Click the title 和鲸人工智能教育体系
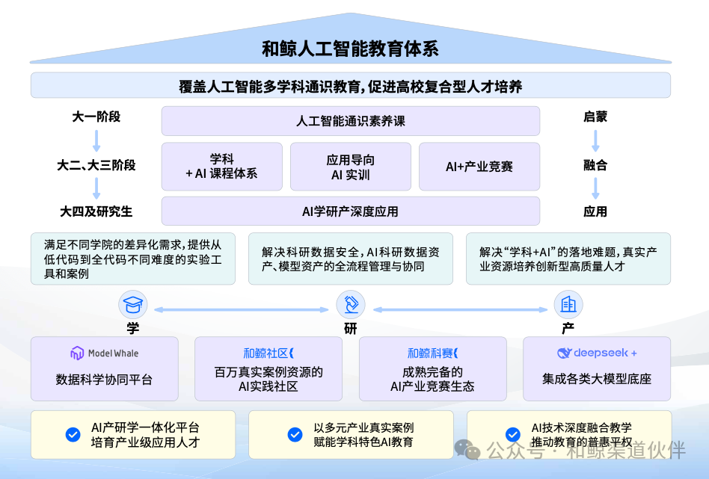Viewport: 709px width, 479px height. pyautogui.click(x=350, y=49)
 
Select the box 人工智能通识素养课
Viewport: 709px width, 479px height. pyautogui.click(x=350, y=121)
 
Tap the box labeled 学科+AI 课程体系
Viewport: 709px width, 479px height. pyautogui.click(x=221, y=166)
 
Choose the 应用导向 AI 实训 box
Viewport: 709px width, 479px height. pyautogui.click(x=350, y=166)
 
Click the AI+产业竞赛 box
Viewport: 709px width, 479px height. pyautogui.click(x=479, y=166)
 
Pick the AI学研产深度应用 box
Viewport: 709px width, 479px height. pyautogui.click(x=350, y=211)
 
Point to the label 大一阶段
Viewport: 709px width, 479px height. pyautogui.click(x=96, y=117)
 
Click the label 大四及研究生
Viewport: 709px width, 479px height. pyautogui.click(x=96, y=211)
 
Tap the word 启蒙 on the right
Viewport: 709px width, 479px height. pyautogui.click(x=595, y=117)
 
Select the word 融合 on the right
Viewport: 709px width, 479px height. pyautogui.click(x=595, y=165)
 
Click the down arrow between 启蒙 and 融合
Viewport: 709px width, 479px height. pyautogui.click(x=596, y=140)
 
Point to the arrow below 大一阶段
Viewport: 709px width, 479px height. pyautogui.click(x=96, y=140)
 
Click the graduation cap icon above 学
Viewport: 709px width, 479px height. pyautogui.click(x=133, y=305)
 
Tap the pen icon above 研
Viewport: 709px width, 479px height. pyautogui.click(x=350, y=305)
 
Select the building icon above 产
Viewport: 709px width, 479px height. pyautogui.click(x=568, y=305)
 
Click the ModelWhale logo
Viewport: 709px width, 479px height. pyautogui.click(x=104, y=353)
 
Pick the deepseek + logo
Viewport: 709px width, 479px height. pyautogui.click(x=596, y=353)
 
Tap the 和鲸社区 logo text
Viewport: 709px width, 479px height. pyautogui.click(x=268, y=353)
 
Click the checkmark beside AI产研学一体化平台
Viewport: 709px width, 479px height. pyautogui.click(x=73, y=434)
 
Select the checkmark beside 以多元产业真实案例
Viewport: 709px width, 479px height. pyautogui.click(x=295, y=434)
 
